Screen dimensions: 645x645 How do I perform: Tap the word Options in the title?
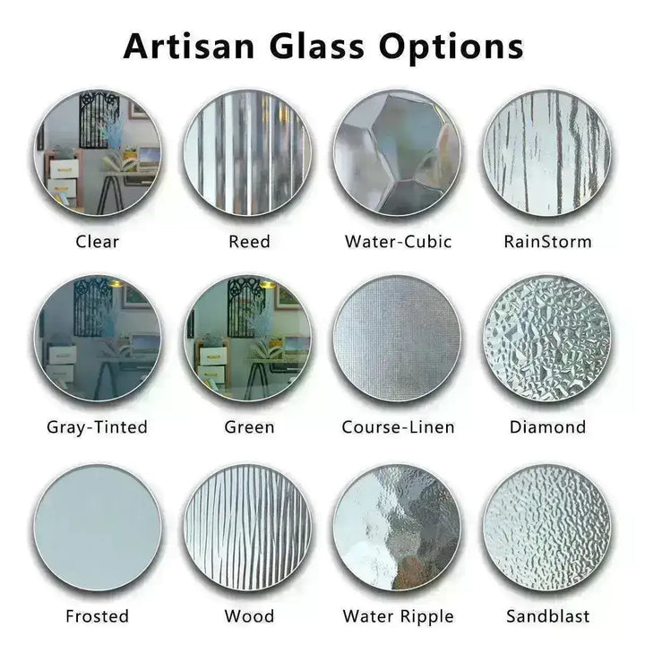(451, 45)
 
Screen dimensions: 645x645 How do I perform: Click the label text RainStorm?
(547, 241)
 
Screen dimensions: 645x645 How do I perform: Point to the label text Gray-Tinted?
(98, 427)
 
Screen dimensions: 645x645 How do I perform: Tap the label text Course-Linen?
(398, 427)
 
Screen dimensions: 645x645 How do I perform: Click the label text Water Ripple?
(398, 616)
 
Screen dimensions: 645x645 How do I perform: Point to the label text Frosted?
(98, 616)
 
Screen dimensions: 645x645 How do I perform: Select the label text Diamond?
(547, 427)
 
